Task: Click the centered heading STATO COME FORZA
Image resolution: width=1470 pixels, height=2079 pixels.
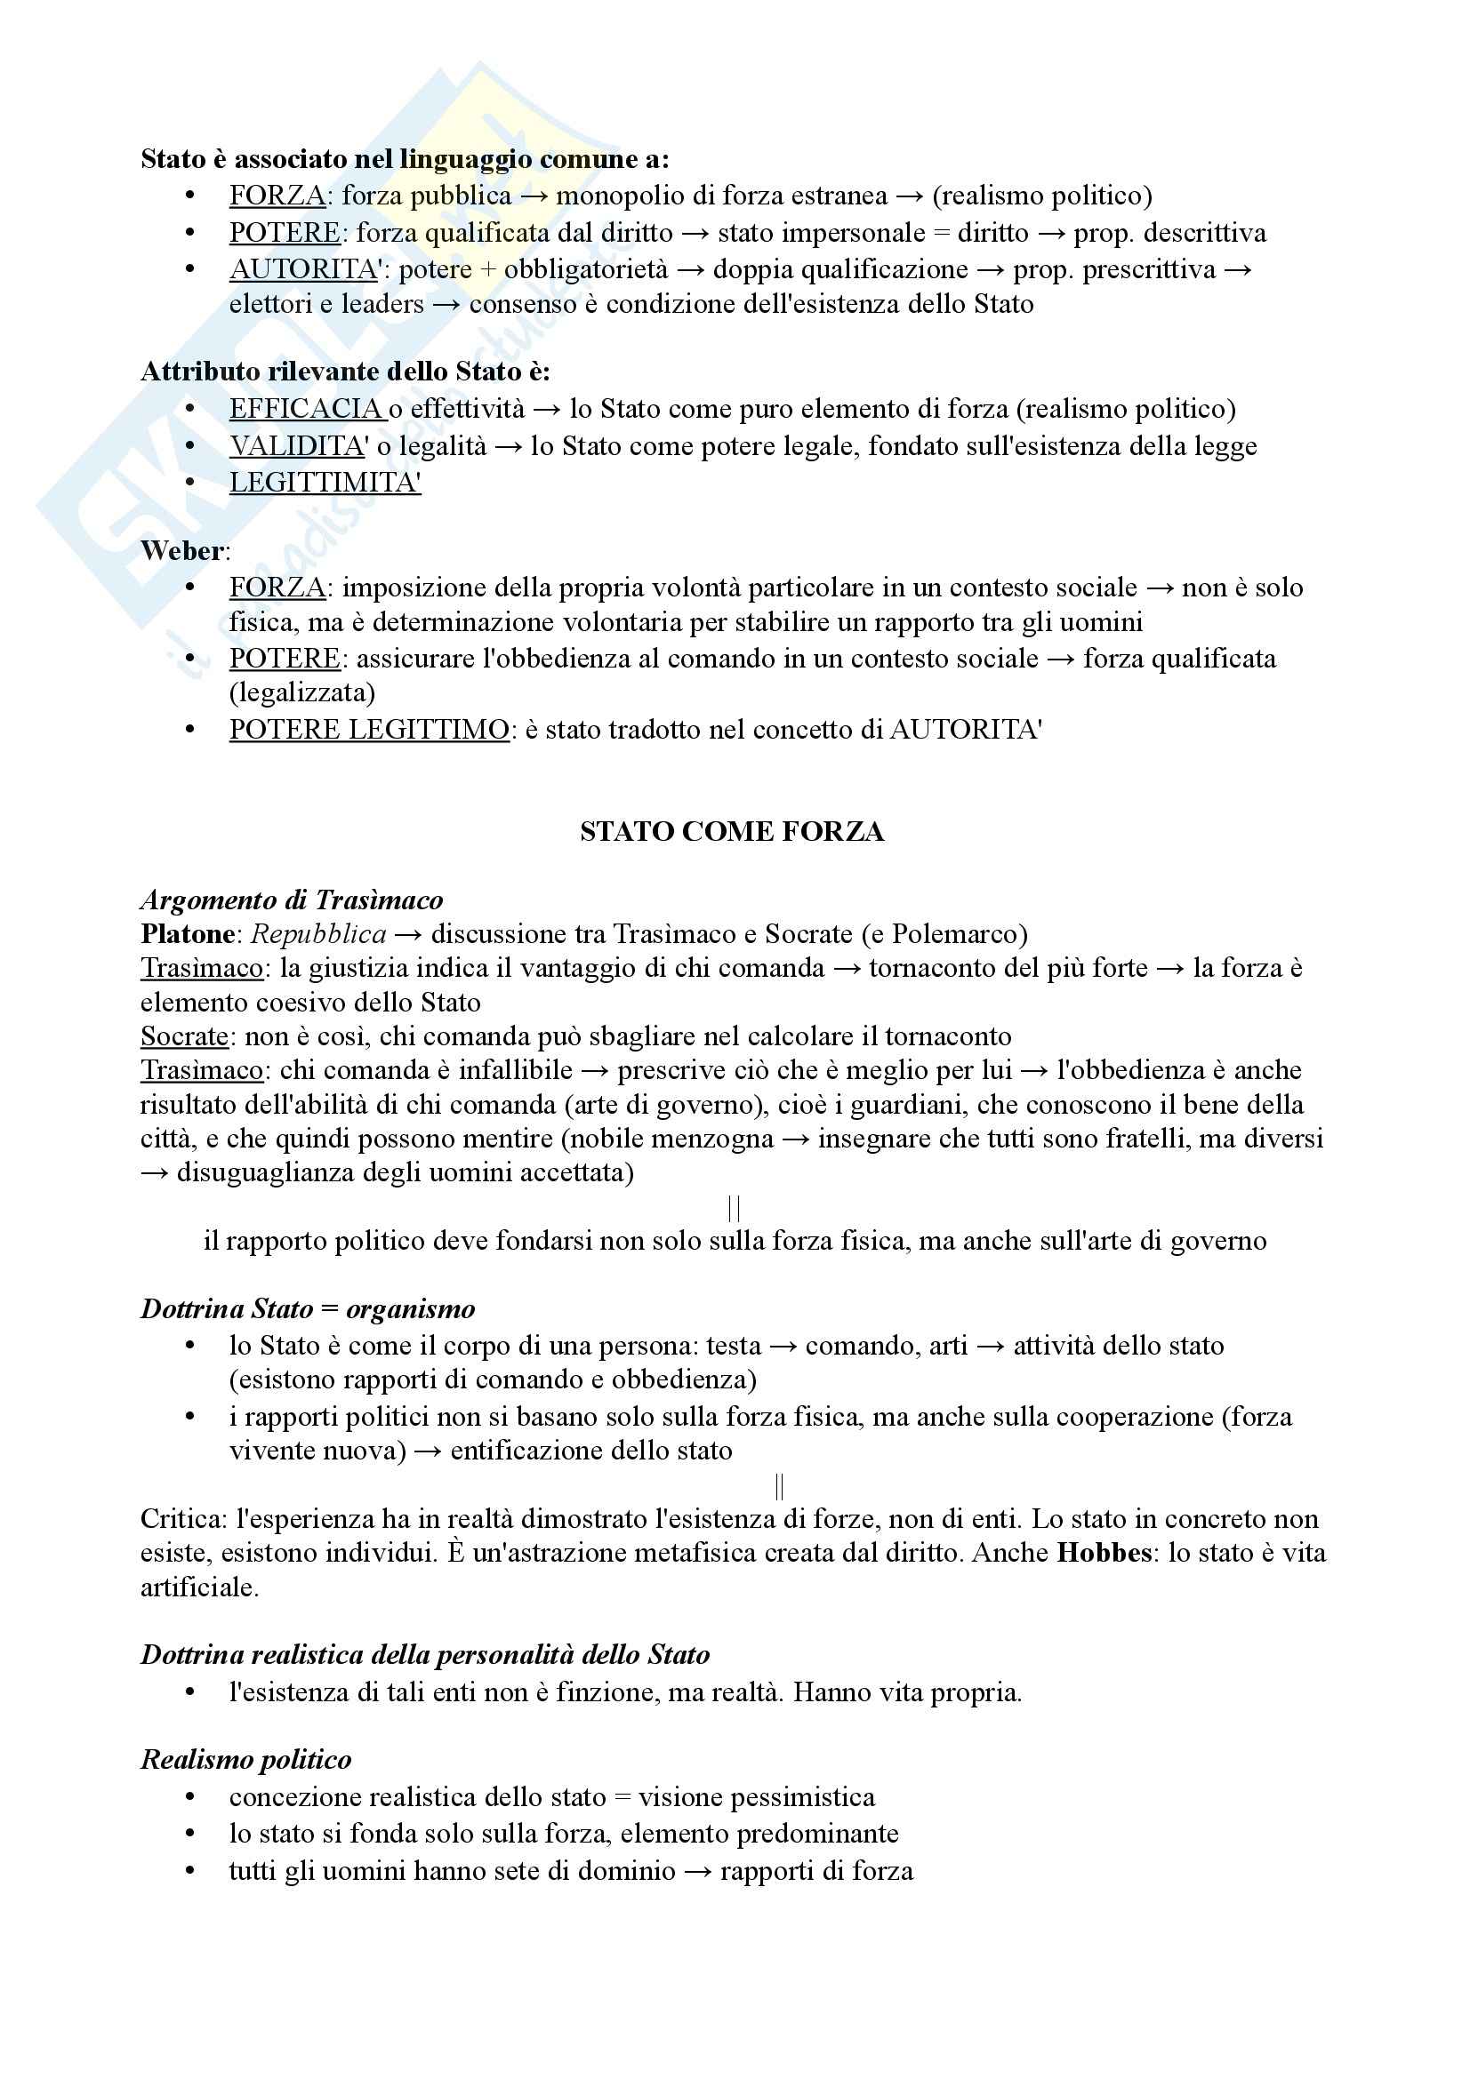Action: click(732, 831)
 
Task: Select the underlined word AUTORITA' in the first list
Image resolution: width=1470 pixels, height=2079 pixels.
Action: click(303, 269)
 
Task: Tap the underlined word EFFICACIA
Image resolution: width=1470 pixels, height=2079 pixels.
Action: click(306, 408)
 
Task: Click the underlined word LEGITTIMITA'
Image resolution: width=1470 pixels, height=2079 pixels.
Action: click(325, 483)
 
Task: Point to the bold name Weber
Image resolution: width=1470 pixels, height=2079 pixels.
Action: click(182, 550)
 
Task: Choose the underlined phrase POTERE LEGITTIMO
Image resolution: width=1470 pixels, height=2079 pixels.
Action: click(369, 729)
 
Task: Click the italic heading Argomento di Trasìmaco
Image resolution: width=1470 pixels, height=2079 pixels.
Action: click(292, 900)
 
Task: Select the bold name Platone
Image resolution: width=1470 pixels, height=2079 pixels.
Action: click(188, 933)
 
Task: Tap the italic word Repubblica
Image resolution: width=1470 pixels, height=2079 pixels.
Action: click(317, 933)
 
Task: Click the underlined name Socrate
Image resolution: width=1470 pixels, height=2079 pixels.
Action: click(185, 1036)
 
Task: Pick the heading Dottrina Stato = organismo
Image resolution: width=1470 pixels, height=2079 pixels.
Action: click(307, 1308)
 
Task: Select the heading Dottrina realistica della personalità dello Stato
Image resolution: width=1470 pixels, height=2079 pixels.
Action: click(425, 1654)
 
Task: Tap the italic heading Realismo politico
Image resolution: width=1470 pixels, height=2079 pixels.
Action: click(245, 1759)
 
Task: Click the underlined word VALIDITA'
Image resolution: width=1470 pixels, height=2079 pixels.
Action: click(298, 445)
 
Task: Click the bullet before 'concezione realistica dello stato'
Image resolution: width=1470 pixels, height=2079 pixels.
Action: click(189, 1797)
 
